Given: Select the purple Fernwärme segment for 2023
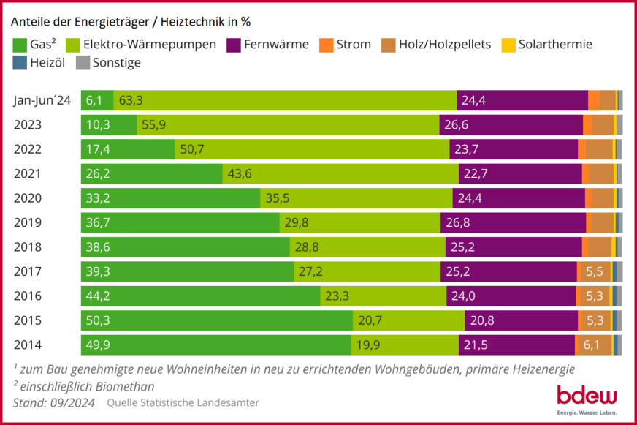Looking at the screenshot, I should (x=511, y=124).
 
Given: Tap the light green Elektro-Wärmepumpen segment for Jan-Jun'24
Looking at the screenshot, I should (x=285, y=100).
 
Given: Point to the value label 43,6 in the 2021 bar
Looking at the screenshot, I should (x=240, y=173).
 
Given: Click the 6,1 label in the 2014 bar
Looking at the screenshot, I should (x=592, y=345).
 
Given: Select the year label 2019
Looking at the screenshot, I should (x=28, y=222).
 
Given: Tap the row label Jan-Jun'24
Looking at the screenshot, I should (x=42, y=100).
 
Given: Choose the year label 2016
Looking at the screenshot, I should (x=28, y=296).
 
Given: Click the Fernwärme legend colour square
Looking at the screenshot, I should (x=235, y=45).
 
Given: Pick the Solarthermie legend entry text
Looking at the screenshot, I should (x=554, y=45).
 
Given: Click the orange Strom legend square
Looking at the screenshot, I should (x=326, y=45).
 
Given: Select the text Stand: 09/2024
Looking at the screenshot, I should (x=53, y=402).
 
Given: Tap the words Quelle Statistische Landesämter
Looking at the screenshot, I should (x=183, y=402).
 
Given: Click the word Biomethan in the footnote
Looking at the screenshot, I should (x=125, y=385).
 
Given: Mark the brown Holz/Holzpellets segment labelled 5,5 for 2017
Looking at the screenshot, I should (x=595, y=271).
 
